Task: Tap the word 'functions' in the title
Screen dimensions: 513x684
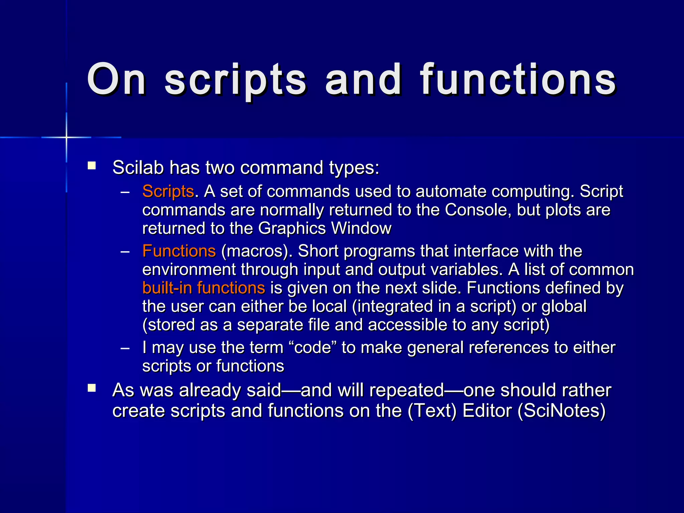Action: click(x=518, y=80)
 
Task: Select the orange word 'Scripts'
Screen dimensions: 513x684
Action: click(x=168, y=192)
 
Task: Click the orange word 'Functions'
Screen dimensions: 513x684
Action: click(x=179, y=251)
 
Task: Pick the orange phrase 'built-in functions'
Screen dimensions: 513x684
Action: click(x=204, y=288)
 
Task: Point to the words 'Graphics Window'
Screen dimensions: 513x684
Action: click(x=324, y=229)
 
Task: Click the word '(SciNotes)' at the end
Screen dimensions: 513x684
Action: click(x=561, y=411)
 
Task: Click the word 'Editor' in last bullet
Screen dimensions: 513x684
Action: click(x=487, y=411)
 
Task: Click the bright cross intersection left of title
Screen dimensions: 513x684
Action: click(x=66, y=137)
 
